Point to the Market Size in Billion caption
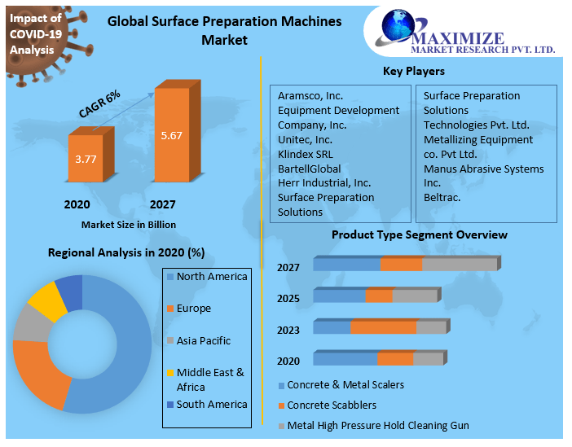pos(128,224)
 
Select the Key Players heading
pos(414,72)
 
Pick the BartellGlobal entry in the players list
pos(309,168)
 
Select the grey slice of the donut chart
pos(31,323)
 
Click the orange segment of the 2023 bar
pos(383,327)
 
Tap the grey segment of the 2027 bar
pos(459,265)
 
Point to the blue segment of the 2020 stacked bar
pos(345,359)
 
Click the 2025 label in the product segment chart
pos(288,299)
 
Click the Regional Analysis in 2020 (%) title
pos(126,252)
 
